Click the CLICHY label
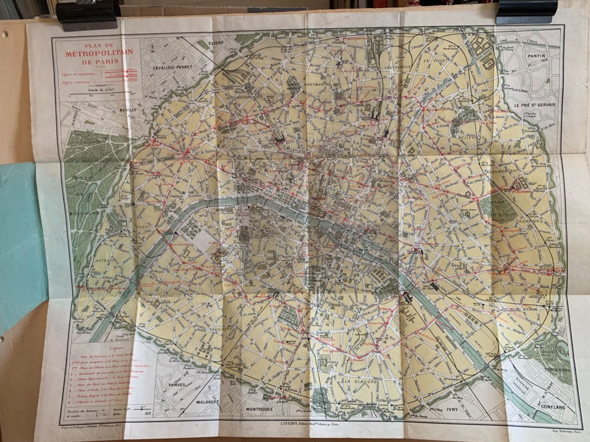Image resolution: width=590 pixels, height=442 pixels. click(x=217, y=43)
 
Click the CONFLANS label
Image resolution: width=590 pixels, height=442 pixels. click(x=552, y=407)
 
